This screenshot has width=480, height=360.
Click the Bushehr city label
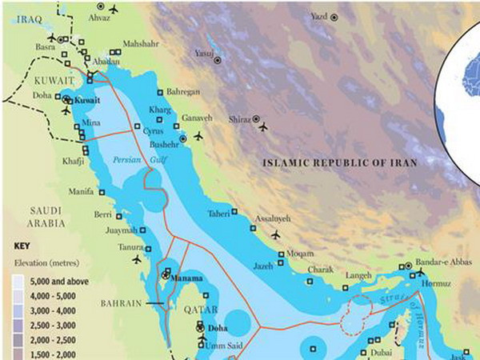165,145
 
